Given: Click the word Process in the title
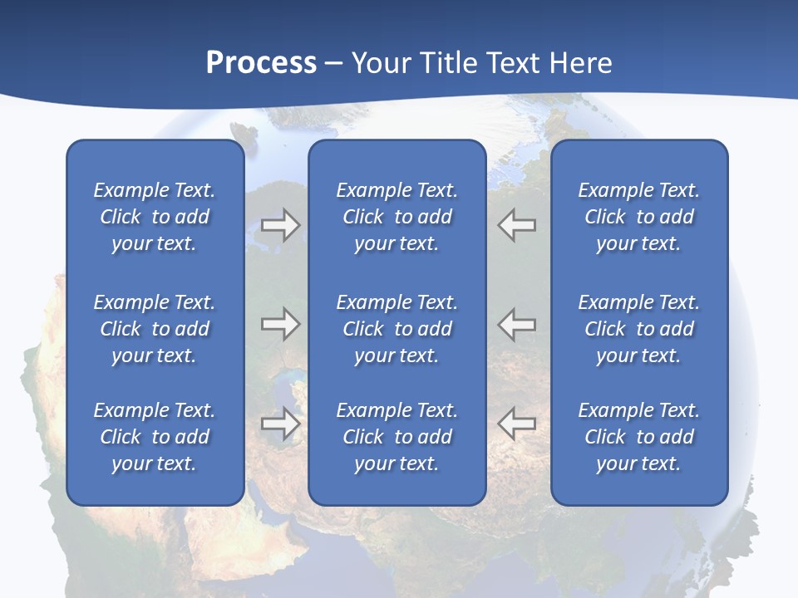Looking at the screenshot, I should [x=261, y=63].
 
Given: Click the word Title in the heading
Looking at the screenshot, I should [x=449, y=63].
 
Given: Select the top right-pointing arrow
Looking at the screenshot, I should [x=280, y=225].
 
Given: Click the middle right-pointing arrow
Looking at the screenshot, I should [x=280, y=324].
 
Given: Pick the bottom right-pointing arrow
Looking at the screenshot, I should [x=280, y=424].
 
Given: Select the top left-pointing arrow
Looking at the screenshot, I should [x=516, y=225].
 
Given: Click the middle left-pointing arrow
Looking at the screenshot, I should [x=516, y=324].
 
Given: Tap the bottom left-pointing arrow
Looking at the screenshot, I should [x=516, y=424].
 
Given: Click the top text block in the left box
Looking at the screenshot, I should [x=155, y=217].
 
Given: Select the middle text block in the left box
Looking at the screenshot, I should [x=155, y=329].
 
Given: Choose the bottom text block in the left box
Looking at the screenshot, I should [x=155, y=437].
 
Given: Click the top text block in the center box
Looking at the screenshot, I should [x=397, y=217].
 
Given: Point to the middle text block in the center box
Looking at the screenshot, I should [x=397, y=329].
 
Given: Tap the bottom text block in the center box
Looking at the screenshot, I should [x=397, y=437].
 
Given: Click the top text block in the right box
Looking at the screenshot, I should [x=638, y=217].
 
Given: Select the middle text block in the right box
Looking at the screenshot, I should [x=638, y=329].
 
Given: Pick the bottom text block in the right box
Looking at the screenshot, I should [x=638, y=437].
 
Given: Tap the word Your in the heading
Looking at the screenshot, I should [x=382, y=63].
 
